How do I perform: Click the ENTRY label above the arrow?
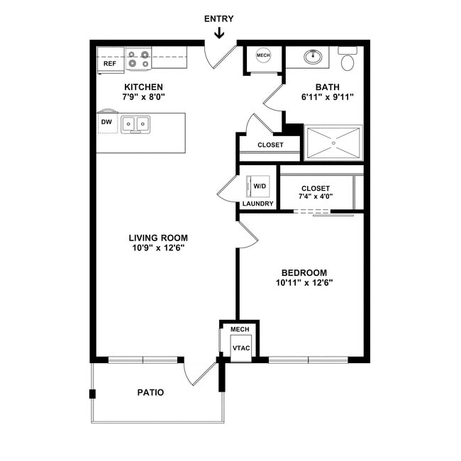[218, 19]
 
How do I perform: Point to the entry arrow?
[219, 33]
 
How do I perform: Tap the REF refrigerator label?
[110, 64]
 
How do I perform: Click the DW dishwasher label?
[106, 122]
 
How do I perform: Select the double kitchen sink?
[135, 125]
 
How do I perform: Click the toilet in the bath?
[348, 58]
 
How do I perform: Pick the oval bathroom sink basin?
[313, 57]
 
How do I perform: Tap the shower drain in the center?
[333, 143]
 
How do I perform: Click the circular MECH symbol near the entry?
[263, 55]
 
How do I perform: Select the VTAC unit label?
[241, 348]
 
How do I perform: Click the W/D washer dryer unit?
[258, 187]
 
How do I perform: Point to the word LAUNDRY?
[258, 204]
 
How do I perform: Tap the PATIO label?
[150, 392]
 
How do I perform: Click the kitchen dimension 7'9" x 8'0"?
[143, 96]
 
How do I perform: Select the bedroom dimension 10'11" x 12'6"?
[304, 283]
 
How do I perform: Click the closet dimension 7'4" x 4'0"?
[316, 196]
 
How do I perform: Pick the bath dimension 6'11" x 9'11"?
[327, 96]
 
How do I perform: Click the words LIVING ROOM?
[158, 238]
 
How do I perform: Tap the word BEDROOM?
[304, 272]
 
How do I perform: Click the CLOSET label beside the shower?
[270, 145]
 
